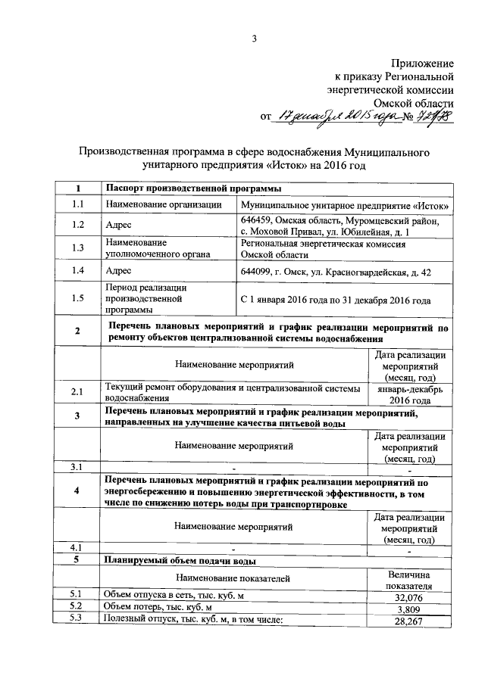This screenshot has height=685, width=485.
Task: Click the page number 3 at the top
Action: click(255, 39)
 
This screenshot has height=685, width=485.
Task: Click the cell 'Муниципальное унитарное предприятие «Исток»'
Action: click(345, 205)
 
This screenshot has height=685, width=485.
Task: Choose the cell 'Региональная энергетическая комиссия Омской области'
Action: click(323, 250)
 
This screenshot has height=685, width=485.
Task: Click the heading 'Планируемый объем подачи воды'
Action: click(180, 560)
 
